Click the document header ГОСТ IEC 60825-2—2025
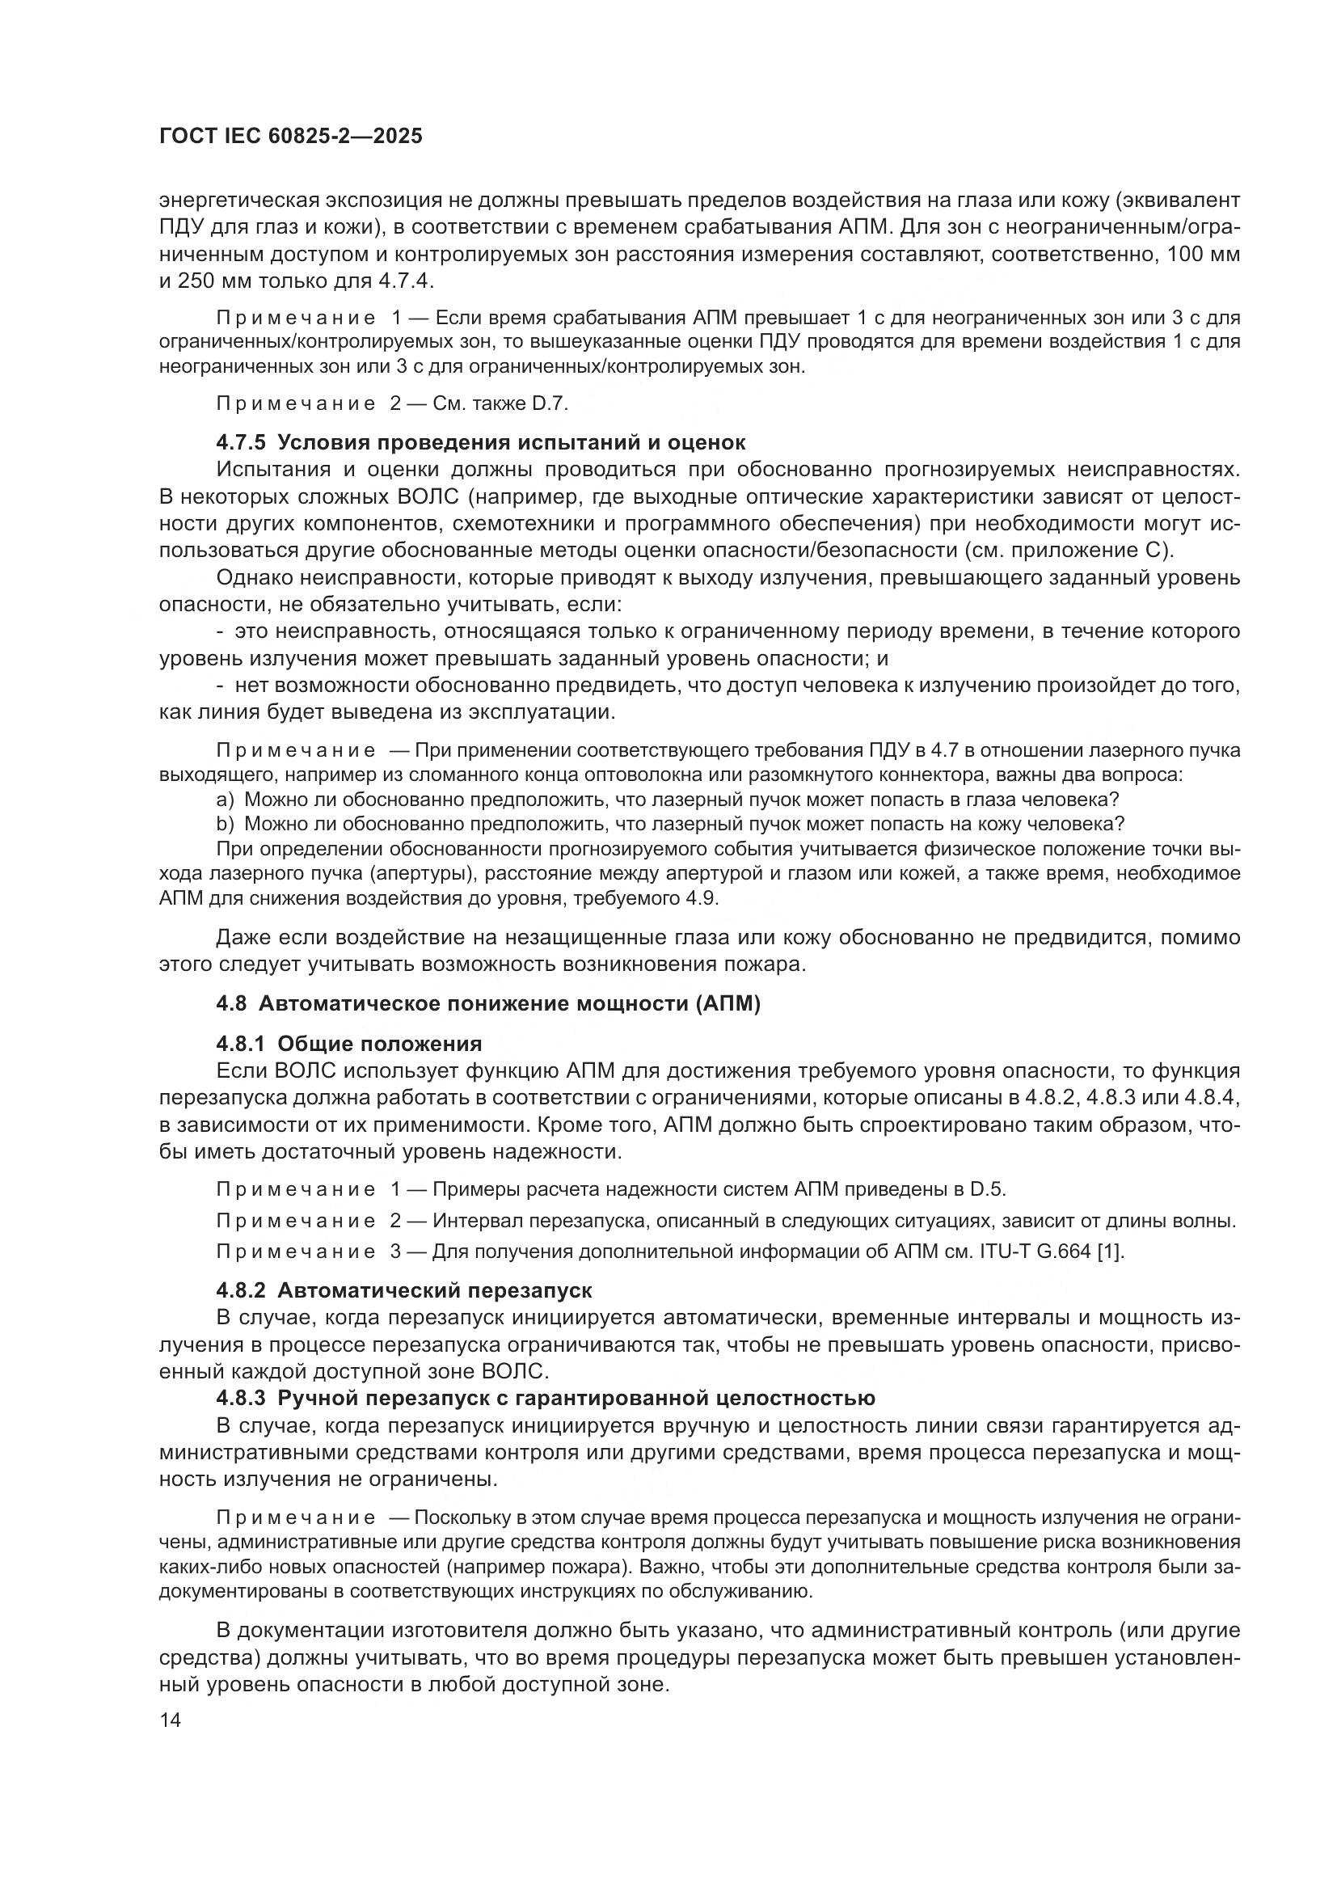tap(291, 137)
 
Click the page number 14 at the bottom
tap(170, 1720)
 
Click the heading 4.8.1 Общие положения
tap(349, 1045)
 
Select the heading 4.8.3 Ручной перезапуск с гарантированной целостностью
tap(546, 1398)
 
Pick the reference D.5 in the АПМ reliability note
tap(987, 1189)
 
